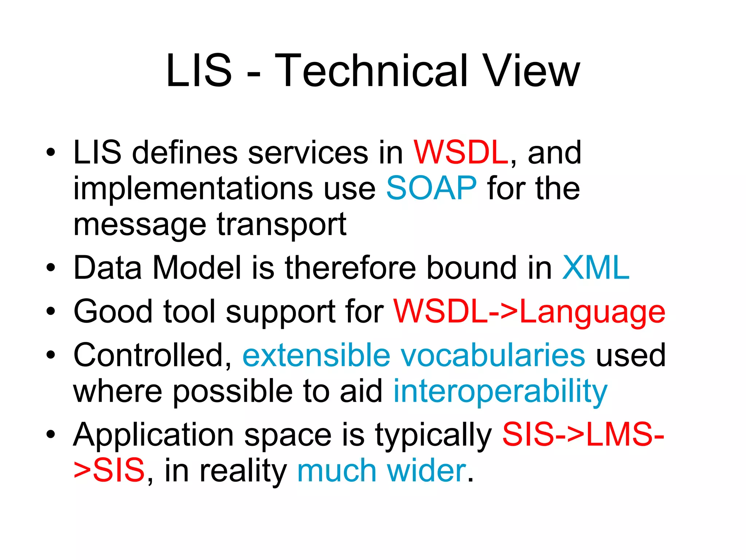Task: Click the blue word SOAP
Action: pos(431,188)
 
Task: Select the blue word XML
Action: pos(596,268)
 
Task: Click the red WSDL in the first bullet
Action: pos(461,152)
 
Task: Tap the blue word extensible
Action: pos(316,355)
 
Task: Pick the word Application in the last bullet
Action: pos(153,435)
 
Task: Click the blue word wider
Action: pos(427,471)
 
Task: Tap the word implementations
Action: pos(193,189)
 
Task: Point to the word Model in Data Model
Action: pos(197,268)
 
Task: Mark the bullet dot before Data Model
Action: pos(51,268)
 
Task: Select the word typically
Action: pos(433,435)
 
